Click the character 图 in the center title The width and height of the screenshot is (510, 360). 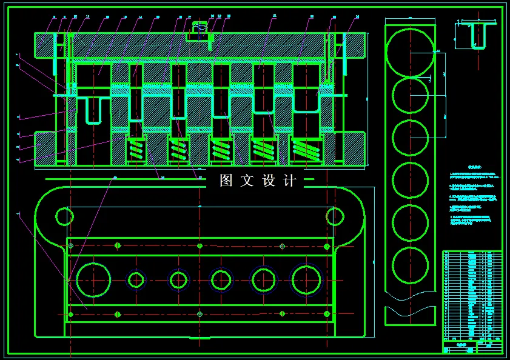coord(226,181)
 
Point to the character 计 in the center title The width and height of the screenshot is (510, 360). coord(290,181)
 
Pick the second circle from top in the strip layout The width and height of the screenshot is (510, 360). coord(410,96)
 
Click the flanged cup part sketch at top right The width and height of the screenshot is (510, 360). coord(478,35)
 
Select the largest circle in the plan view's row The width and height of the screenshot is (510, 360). coord(94,280)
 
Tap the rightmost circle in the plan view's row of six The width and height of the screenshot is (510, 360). coord(306,280)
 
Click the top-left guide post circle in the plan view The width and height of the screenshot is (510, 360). coord(64,215)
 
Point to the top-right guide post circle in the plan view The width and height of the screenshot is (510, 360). coord(335,215)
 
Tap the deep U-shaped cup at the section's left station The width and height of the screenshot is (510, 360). coord(93,109)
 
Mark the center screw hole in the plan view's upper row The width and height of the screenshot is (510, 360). coord(200,246)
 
